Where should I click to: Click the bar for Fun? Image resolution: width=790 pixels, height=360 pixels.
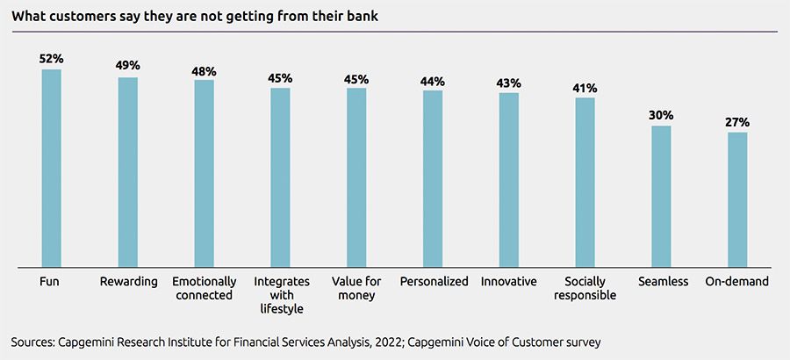(52, 167)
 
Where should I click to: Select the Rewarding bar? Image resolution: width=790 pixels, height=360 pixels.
(128, 171)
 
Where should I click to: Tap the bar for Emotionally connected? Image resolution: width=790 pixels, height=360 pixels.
(205, 172)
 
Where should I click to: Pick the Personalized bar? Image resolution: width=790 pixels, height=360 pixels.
(433, 177)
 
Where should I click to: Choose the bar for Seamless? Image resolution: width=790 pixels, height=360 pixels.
(661, 196)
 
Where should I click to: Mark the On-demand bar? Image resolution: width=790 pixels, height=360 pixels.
(737, 199)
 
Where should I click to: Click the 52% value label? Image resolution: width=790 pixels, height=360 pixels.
(52, 59)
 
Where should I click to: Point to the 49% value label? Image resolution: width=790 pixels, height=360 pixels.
(128, 66)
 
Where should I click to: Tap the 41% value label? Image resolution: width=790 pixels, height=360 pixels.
(585, 88)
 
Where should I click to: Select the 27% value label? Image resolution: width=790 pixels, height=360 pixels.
(737, 122)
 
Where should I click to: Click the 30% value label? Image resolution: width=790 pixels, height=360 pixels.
(661, 115)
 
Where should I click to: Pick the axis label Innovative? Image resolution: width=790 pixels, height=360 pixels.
(509, 282)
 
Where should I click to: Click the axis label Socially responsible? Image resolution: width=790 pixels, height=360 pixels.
(585, 289)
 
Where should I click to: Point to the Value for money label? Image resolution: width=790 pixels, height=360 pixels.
(356, 289)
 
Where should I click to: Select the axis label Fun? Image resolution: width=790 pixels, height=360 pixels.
(50, 282)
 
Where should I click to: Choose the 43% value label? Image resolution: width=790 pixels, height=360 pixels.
(509, 83)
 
